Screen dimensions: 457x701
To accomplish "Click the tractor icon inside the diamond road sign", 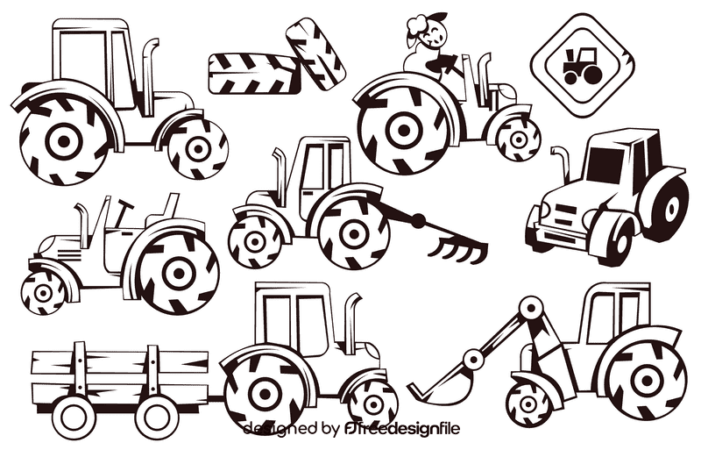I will point(581,66).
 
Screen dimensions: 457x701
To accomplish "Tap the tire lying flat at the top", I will point(253,73).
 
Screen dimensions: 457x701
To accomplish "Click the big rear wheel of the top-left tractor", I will point(63,140).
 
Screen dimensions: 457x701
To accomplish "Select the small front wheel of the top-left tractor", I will point(198,146).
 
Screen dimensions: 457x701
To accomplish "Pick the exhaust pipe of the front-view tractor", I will point(560,166).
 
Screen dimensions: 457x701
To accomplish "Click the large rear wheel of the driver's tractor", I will point(404,130).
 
